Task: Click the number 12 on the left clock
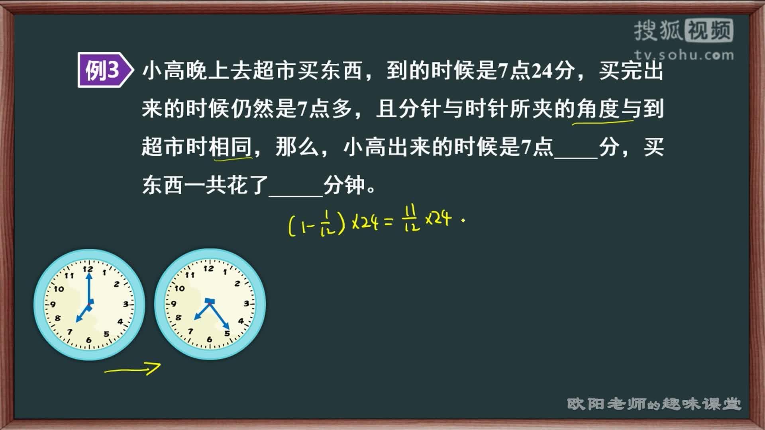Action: click(x=88, y=269)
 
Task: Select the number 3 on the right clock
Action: click(x=247, y=303)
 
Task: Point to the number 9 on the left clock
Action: click(x=52, y=305)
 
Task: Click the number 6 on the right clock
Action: click(x=209, y=340)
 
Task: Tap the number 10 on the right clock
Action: click(x=180, y=288)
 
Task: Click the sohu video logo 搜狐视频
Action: click(x=684, y=31)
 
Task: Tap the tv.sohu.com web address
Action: click(x=684, y=55)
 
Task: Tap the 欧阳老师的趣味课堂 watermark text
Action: click(x=654, y=404)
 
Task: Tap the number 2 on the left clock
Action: click(x=116, y=284)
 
